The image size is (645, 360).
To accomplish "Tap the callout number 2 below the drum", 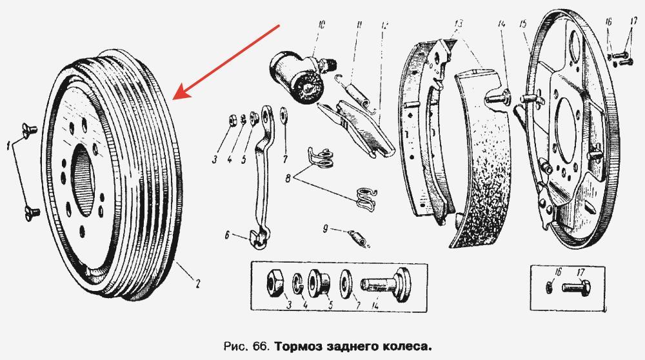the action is coord(198,283).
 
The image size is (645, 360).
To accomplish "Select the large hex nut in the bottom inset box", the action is coord(275,283).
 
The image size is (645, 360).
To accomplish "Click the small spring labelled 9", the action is coord(357,239).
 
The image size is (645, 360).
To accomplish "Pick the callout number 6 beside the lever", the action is coord(227,235).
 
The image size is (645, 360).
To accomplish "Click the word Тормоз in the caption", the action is coord(297,346).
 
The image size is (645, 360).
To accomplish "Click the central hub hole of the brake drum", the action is coord(83,181).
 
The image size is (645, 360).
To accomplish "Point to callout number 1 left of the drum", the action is coord(8,145).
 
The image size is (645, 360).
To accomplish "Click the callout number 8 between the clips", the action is coord(288,179).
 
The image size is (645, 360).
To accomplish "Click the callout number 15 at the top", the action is coord(523,24).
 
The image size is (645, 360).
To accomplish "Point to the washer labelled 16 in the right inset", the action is coord(550,287).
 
